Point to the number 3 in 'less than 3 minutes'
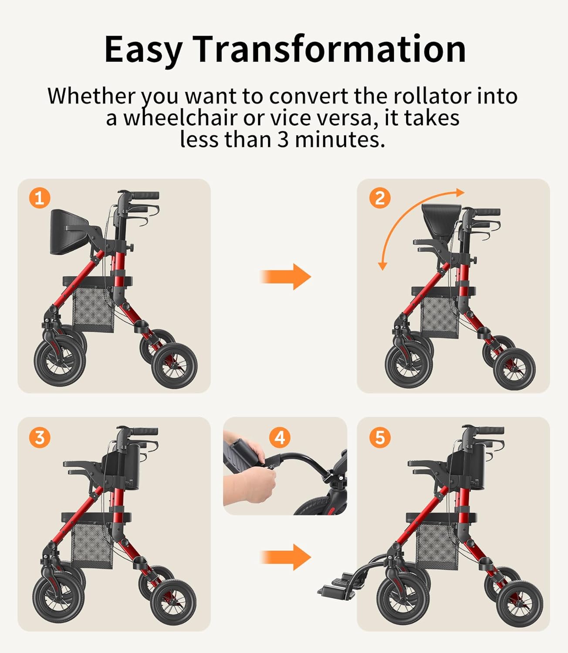(283, 139)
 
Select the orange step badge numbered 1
(40, 198)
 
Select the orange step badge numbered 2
(380, 198)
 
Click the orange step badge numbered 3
(40, 437)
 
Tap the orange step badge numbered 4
(280, 437)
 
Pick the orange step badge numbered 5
(380, 437)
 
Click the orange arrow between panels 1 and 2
(286, 276)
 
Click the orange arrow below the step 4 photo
(286, 557)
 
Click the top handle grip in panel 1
(145, 195)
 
